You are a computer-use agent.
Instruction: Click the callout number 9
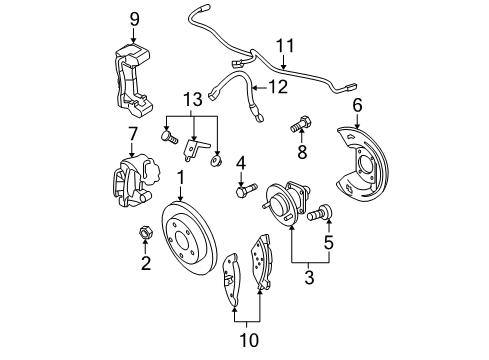[x=135, y=18]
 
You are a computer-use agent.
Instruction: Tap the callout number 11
[x=286, y=46]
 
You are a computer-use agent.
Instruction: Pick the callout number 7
[x=132, y=133]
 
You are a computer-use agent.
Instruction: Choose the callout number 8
[x=300, y=152]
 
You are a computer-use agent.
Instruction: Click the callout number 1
[x=181, y=177]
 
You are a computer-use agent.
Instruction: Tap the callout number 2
[x=145, y=264]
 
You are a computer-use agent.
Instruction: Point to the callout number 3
[x=307, y=277]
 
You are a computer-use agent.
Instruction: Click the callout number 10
[x=249, y=340]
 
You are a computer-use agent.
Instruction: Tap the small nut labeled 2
[x=145, y=235]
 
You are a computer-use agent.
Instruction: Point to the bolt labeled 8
[x=299, y=127]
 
